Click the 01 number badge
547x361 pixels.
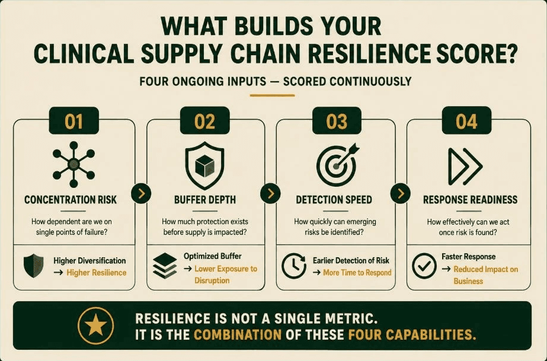[x=73, y=121]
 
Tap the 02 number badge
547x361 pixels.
[x=205, y=121]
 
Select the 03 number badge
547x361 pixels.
[x=337, y=121]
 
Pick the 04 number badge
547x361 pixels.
[x=466, y=121]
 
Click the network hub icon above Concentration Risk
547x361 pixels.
[x=73, y=164]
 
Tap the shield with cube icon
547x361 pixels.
[x=205, y=165]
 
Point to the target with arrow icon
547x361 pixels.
[x=337, y=164]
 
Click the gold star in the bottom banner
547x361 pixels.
[x=96, y=325]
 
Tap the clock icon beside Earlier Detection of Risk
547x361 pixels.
[x=294, y=266]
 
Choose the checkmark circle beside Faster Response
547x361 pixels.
[x=424, y=266]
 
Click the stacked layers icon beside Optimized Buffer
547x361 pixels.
[x=165, y=266]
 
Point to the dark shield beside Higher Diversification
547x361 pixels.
[x=34, y=266]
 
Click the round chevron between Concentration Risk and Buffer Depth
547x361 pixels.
[x=141, y=193]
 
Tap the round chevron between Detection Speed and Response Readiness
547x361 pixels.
[x=401, y=193]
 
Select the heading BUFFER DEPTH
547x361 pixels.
[x=205, y=200]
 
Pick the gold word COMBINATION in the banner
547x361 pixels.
[x=238, y=335]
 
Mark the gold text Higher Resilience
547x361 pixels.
[x=96, y=273]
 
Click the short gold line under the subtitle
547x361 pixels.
[x=272, y=95]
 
